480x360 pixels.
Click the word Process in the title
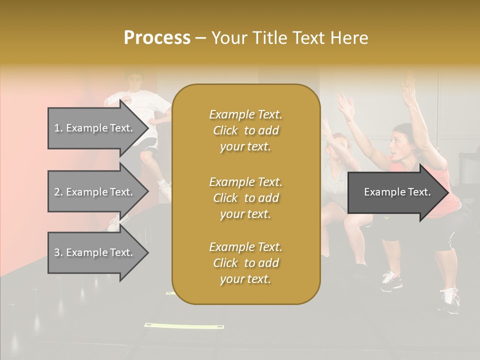click(x=157, y=37)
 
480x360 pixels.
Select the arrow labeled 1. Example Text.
click(x=95, y=128)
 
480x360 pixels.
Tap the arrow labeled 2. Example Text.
click(x=95, y=192)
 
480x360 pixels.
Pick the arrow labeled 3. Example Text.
click(x=95, y=252)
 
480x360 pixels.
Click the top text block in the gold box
click(x=245, y=130)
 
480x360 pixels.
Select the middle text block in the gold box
click(x=245, y=197)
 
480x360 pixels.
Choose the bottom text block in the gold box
click(x=245, y=263)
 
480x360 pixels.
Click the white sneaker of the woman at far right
click(x=450, y=301)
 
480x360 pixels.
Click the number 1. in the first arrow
click(x=58, y=128)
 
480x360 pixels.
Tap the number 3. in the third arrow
click(x=58, y=252)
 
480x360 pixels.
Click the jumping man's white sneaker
click(x=165, y=188)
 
